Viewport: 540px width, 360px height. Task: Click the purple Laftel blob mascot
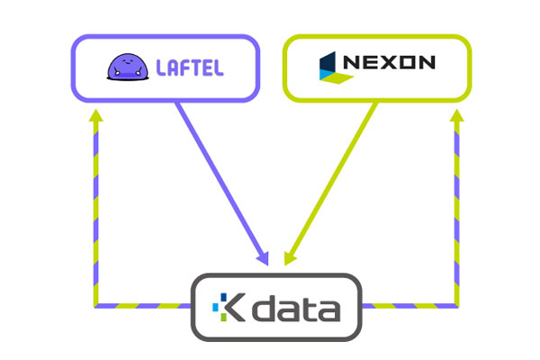(128, 67)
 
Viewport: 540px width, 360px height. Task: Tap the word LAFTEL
(190, 67)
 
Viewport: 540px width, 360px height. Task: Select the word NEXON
(389, 62)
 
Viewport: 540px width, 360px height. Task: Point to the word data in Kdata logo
(296, 308)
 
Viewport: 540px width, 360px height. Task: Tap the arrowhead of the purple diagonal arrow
(263, 258)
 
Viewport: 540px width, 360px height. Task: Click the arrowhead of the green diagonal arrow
(289, 258)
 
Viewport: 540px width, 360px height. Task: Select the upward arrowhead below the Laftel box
(95, 115)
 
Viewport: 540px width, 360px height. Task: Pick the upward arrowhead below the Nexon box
(457, 115)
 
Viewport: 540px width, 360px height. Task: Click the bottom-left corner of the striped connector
(95, 306)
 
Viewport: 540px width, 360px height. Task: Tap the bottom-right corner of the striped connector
(457, 306)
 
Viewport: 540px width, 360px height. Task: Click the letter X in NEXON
(389, 62)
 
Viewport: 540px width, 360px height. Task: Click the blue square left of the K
(216, 307)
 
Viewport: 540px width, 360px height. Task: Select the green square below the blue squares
(223, 318)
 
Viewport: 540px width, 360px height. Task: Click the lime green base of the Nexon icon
(337, 78)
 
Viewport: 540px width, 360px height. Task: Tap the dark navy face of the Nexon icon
(328, 62)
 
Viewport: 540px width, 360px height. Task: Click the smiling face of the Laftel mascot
(127, 62)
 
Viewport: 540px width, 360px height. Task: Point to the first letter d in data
(264, 308)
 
